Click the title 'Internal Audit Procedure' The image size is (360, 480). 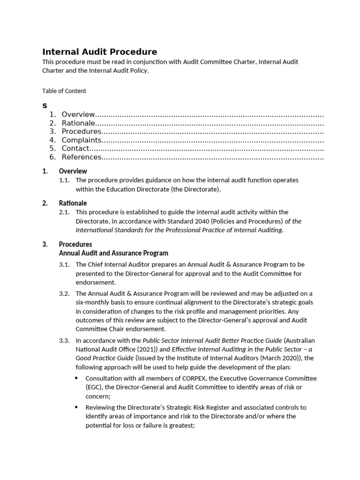coord(100,52)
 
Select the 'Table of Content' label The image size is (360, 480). coord(64,91)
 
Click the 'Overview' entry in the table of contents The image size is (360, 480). coord(78,115)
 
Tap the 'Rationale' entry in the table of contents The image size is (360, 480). coord(78,123)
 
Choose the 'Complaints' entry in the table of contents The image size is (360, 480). coord(81,140)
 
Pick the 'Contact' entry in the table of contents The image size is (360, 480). coord(75,149)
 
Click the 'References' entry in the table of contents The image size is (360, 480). coord(82,157)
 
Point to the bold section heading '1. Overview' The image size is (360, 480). coord(73,171)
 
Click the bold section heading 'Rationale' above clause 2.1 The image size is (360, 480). coord(73,203)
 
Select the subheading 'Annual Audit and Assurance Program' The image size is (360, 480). coord(113,253)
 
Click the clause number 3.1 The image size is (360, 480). coord(64,265)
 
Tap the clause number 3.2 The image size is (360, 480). coord(64,293)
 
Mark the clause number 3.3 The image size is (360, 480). coord(64,340)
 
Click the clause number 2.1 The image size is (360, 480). coord(64,212)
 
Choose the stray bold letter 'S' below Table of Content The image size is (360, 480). coord(45,106)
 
